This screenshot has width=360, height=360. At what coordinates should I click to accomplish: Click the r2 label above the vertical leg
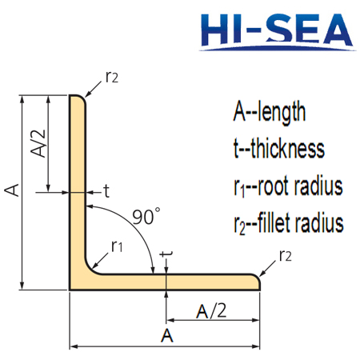pos(112,78)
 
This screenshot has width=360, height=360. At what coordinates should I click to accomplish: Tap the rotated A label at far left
pos(12,190)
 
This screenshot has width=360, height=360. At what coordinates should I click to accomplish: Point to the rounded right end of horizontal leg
pos(258,281)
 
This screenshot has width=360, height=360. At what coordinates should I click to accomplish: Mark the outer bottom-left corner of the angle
pos(72,288)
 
